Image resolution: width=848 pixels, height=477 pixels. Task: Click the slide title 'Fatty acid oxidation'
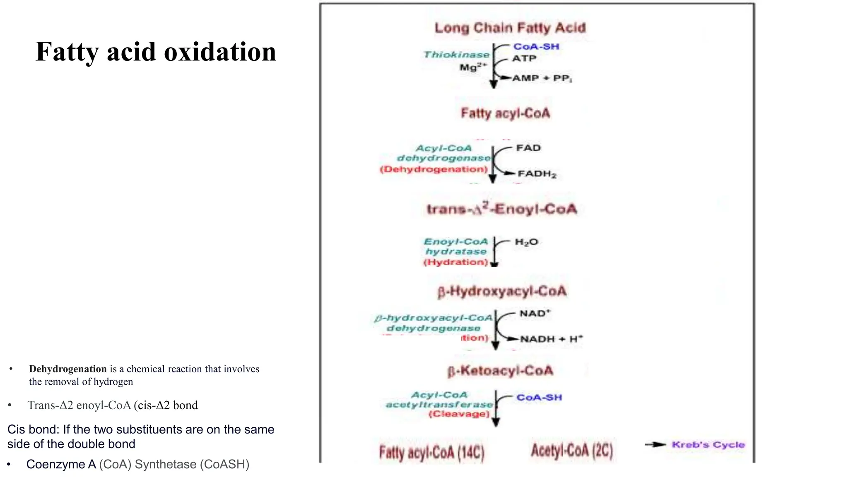[x=156, y=52]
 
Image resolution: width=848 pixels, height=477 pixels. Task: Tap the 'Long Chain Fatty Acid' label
[x=510, y=28]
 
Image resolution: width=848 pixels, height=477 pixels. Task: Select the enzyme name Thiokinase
[x=456, y=55]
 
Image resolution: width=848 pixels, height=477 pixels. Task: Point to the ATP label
[x=524, y=58]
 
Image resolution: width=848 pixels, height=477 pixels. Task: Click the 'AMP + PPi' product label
[x=542, y=78]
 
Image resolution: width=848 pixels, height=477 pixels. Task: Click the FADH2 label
[x=537, y=174]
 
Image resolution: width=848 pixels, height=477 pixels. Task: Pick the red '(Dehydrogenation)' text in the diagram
[x=434, y=169]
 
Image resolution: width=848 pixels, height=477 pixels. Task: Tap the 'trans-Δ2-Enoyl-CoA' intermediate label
[x=502, y=209]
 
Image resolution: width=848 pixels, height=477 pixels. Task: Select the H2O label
[x=526, y=242]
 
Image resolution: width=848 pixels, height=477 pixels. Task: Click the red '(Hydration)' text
[x=455, y=262]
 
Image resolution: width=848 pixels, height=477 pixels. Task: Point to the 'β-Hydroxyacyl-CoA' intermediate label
[x=502, y=291]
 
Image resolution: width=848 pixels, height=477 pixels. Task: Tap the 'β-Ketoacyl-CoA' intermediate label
[x=500, y=371]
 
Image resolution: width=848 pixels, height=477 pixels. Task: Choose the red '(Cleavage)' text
[x=459, y=414]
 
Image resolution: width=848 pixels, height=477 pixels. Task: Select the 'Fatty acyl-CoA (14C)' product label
[x=432, y=452]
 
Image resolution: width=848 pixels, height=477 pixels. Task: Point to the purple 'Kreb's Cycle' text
[x=708, y=445]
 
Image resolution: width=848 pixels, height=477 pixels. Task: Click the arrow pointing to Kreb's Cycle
[x=655, y=445]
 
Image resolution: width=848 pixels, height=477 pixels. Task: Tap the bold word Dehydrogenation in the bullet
[x=68, y=369]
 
